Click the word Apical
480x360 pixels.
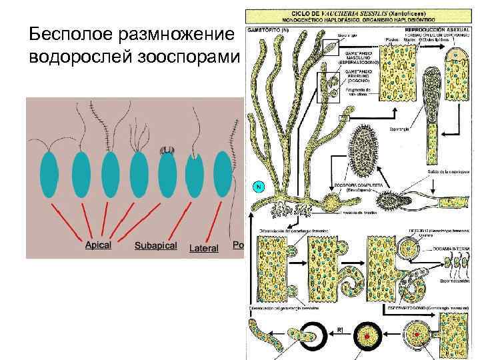pos(98,245)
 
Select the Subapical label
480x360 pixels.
pos(155,245)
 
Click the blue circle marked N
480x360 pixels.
pos(257,187)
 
